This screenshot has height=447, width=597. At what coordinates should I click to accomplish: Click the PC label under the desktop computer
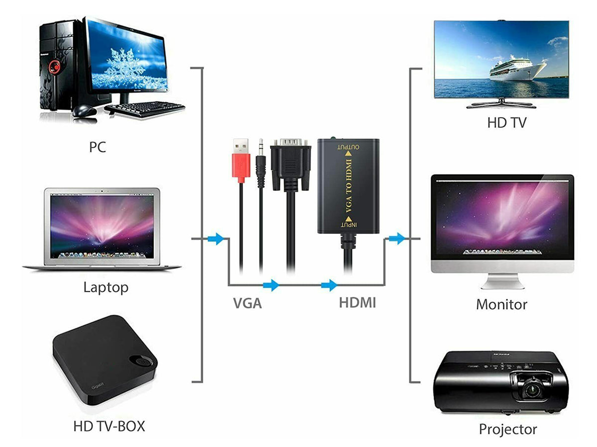pos(98,147)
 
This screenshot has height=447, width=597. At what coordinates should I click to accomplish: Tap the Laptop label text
pos(106,288)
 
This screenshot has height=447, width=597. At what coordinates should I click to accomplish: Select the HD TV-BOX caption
pos(109,426)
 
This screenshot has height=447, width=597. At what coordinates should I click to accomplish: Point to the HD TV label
pos(506,123)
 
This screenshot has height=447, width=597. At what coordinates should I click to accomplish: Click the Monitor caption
pos(501,304)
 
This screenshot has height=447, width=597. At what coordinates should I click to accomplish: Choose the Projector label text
pos(508,429)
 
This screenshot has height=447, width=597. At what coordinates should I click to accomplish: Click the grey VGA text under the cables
pos(247,303)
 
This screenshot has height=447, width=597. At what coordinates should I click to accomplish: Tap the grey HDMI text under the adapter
pos(357,302)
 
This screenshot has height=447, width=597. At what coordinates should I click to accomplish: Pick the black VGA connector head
pos(291,165)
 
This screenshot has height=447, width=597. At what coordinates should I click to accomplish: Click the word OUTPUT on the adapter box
pos(348,147)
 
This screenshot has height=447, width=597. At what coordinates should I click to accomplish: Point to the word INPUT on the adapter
pos(349,224)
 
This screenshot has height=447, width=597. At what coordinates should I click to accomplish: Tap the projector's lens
pos(531,390)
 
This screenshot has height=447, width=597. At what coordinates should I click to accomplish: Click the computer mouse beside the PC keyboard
pos(84,111)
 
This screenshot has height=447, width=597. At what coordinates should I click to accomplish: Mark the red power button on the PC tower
pos(55,66)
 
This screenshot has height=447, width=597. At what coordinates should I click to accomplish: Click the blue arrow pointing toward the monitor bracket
pos(397,238)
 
